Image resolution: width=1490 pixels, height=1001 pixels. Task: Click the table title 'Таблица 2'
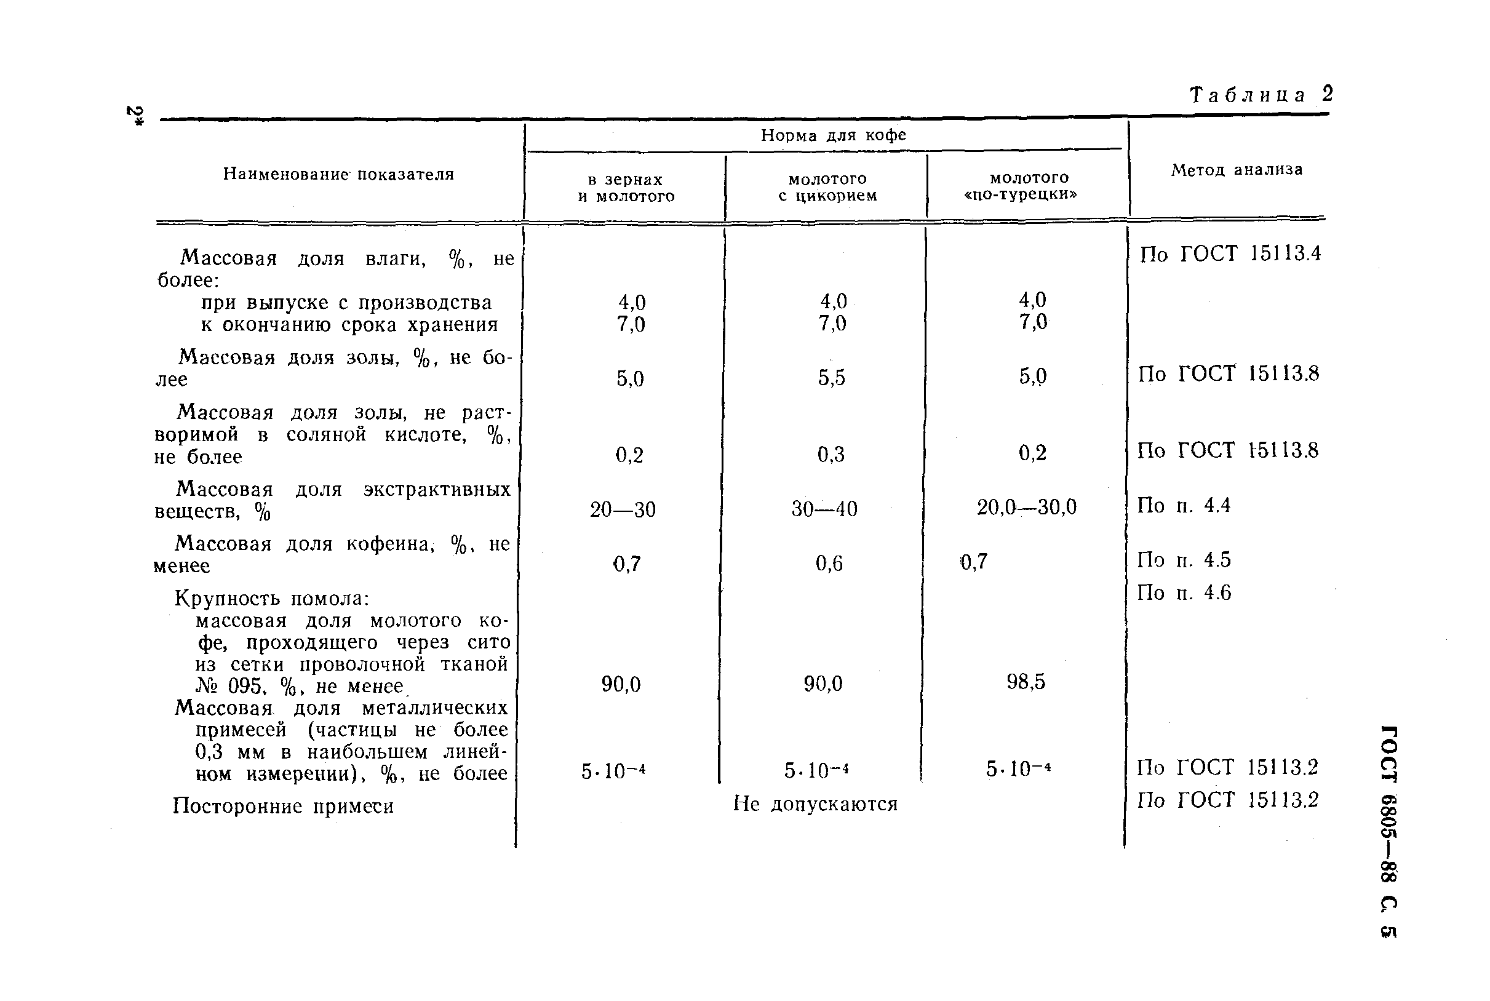(1261, 95)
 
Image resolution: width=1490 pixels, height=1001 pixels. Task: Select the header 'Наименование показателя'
(338, 174)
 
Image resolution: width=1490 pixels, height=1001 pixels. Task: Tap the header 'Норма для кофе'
(833, 135)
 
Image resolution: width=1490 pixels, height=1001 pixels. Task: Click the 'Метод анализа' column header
(1237, 170)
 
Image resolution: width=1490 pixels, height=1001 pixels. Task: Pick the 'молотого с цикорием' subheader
(827, 187)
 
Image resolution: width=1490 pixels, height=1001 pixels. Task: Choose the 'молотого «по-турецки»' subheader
(1029, 186)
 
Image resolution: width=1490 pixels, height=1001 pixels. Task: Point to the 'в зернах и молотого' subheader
(626, 188)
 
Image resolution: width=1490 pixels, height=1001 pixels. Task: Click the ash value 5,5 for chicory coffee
(831, 378)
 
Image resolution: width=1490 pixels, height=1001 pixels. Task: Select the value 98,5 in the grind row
(1026, 682)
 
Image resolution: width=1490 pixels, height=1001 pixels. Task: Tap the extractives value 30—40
(824, 509)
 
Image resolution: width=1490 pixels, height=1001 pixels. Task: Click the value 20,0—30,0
(1027, 508)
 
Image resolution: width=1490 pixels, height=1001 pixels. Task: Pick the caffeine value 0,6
(829, 563)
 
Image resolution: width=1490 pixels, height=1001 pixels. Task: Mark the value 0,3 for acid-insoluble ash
(831, 455)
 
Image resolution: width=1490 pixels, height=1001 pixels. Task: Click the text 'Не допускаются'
(815, 804)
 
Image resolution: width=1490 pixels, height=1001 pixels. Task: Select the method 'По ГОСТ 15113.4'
(1230, 254)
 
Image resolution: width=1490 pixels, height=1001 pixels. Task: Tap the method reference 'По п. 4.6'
(1184, 593)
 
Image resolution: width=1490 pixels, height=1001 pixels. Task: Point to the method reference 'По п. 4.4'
(1183, 506)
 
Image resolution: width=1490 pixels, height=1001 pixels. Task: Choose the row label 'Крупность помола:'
(272, 599)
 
